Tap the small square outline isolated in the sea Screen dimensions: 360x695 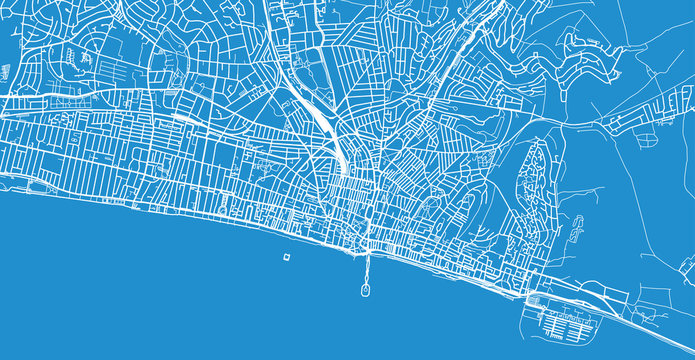(x=286, y=257)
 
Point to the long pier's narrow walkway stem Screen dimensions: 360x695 (x=366, y=268)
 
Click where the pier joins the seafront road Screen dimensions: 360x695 (x=366, y=251)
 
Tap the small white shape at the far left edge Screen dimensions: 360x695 (x=4, y=72)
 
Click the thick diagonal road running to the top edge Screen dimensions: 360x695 (x=470, y=40)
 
